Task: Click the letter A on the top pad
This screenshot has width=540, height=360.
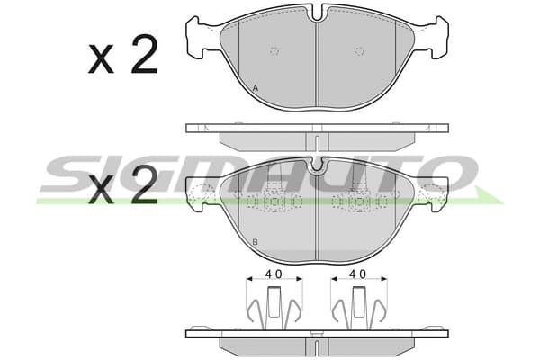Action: click(x=256, y=88)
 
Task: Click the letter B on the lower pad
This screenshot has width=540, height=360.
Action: click(x=255, y=242)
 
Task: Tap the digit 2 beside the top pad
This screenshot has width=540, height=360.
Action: click(x=144, y=55)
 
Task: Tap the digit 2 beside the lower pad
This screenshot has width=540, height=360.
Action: click(x=144, y=184)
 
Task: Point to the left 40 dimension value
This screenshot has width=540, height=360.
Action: click(x=274, y=274)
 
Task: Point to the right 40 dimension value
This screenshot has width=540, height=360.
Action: click(x=358, y=274)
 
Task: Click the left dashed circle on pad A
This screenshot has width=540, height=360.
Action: click(x=274, y=51)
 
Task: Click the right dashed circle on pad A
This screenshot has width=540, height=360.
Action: click(x=359, y=51)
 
